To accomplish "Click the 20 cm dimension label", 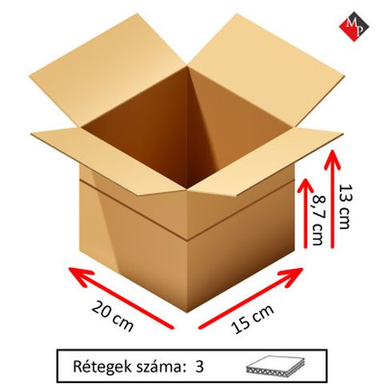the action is (113, 316).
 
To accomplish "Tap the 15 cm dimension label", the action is (252, 318).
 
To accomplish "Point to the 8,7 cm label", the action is (318, 220).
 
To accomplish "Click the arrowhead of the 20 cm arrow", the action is (80, 276).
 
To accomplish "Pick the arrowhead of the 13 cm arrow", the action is (332, 159).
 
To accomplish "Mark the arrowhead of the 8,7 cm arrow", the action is (306, 187).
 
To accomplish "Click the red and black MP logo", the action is (354, 26).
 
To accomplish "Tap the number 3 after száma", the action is (199, 367).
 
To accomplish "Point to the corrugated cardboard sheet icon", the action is (275, 366).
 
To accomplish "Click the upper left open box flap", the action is (106, 72).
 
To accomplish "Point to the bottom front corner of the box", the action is (187, 311).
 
